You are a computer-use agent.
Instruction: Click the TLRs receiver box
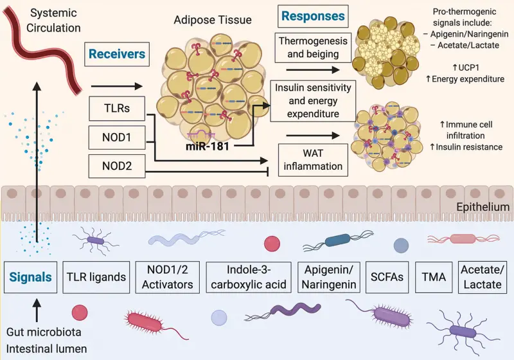point(117,108)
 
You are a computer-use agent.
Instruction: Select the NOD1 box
point(117,138)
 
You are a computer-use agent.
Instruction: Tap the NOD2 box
point(117,166)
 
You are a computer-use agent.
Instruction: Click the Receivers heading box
point(117,54)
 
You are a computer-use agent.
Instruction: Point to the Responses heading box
point(313,16)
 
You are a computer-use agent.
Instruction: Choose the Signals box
point(30,277)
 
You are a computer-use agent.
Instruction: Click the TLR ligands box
point(96,277)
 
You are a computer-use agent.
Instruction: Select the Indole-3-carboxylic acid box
point(249,277)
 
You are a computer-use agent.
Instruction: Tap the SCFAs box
point(387,277)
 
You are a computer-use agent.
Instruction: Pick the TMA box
point(434,277)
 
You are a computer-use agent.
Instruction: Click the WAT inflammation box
point(313,160)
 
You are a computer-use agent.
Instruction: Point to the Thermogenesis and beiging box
point(313,48)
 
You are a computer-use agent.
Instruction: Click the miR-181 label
point(207,146)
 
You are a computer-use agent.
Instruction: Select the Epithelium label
point(483,207)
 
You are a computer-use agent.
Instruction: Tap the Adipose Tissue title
point(213,20)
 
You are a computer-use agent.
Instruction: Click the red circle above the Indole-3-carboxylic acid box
point(272,244)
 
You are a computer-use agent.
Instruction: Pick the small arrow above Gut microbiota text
point(37,310)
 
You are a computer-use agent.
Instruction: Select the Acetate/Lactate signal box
point(483,277)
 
